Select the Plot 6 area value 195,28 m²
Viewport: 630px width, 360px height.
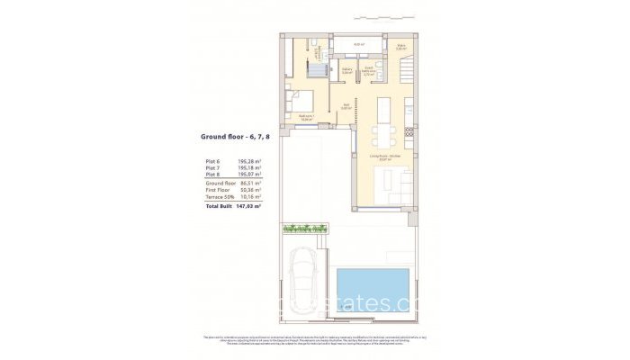(x=247, y=161)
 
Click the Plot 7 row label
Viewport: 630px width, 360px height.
(x=212, y=168)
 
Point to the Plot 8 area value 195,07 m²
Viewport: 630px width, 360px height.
(x=247, y=175)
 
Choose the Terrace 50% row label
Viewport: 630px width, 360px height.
(x=220, y=197)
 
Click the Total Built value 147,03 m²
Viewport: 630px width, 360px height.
(x=247, y=206)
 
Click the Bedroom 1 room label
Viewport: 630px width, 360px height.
(x=306, y=117)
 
